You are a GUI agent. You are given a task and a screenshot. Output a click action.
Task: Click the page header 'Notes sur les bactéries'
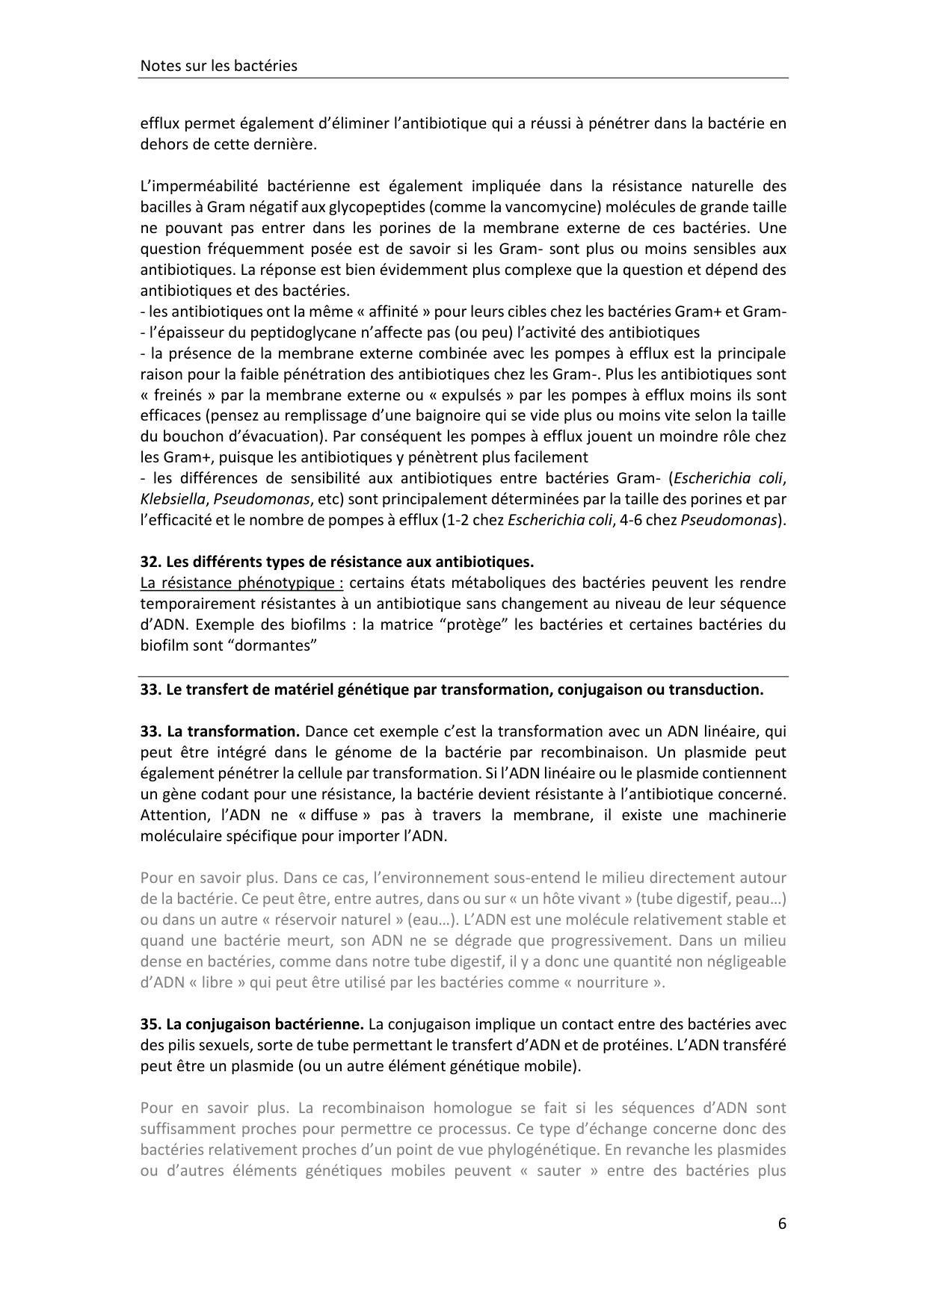pos(218,66)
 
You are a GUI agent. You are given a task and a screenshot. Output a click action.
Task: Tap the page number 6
pos(782,1224)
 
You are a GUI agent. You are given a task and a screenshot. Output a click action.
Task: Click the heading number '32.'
pos(151,561)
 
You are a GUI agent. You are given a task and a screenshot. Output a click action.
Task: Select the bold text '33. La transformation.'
pos(220,731)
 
